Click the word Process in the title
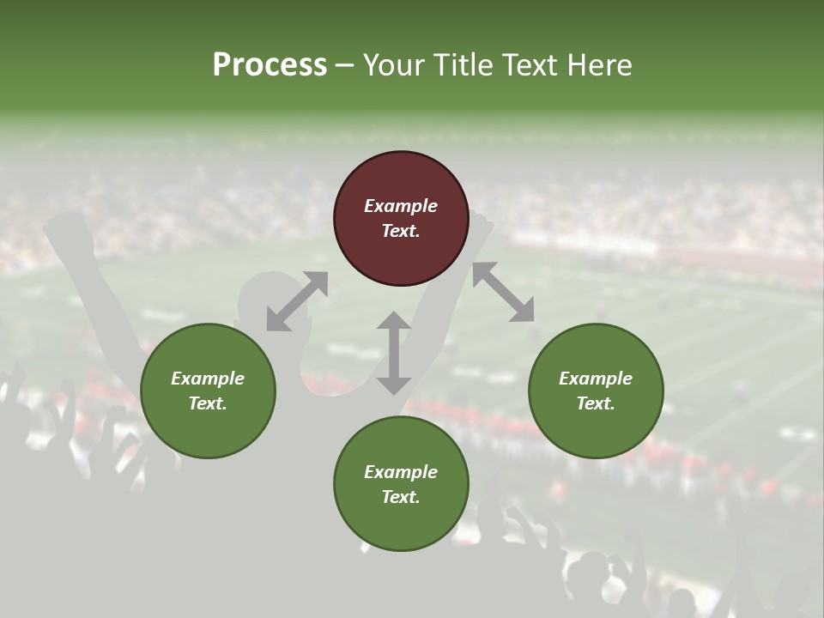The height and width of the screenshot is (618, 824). pos(270,65)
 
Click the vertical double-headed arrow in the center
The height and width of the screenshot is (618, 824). pos(394,353)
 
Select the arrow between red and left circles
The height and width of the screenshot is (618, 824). pos(297,300)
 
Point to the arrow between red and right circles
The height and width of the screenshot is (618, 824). pos(503,292)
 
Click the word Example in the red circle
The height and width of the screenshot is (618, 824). pos(401,206)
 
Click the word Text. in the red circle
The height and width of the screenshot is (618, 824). pos(401,231)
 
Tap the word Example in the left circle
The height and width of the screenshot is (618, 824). pos(208,379)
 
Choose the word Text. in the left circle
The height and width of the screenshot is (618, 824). pos(208,403)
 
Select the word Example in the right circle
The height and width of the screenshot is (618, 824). pos(596,379)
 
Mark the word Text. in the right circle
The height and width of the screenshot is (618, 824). pos(596,403)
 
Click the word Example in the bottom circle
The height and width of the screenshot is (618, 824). pos(401,472)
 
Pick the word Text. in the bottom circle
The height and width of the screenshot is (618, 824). pos(401,497)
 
